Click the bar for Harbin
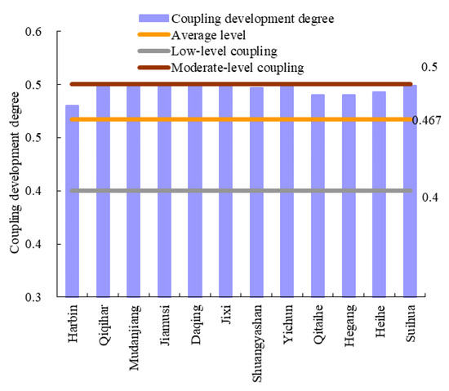[x=72, y=200]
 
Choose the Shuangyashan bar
[x=256, y=191]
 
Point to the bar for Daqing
[x=195, y=189]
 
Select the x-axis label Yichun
[x=287, y=326]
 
